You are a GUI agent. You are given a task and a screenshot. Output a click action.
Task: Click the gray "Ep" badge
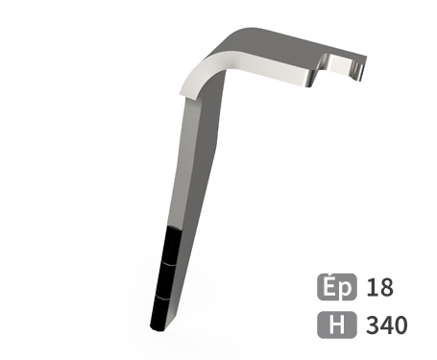[337, 287]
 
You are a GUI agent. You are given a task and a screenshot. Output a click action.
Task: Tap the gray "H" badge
[337, 324]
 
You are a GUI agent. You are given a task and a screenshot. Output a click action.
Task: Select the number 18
[380, 287]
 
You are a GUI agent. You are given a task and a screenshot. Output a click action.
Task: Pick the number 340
[387, 324]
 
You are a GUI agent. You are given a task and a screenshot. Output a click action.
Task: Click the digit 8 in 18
[386, 287]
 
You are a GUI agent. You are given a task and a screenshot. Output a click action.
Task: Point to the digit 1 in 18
[372, 287]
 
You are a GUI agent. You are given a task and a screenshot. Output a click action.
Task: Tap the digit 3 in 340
[373, 324]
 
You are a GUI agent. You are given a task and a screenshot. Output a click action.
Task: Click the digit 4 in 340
[386, 324]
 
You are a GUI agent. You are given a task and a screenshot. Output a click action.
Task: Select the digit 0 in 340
[401, 324]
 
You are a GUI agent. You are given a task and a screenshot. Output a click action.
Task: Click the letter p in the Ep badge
[348, 289]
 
